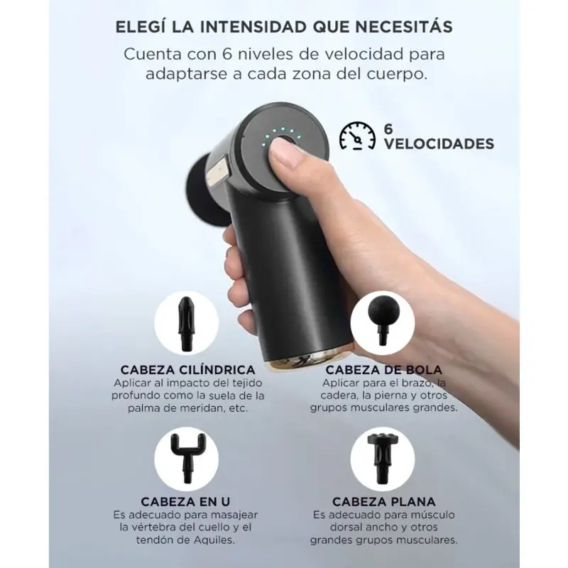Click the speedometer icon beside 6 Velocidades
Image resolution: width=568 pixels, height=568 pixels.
coord(357,136)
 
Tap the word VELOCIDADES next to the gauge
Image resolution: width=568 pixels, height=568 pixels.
coord(439,144)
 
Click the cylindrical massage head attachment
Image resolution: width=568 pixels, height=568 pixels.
coord(186,324)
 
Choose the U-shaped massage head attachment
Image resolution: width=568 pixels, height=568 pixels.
coord(186,458)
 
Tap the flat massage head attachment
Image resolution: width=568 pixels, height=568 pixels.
coord(383,458)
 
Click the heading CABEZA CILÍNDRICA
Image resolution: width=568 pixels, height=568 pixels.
coord(187,370)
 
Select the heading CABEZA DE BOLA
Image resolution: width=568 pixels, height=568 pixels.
coord(383,370)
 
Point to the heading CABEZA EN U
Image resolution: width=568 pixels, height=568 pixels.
coord(185,502)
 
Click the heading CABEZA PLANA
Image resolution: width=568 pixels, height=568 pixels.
coord(384,502)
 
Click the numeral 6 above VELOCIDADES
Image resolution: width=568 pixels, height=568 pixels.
coord(388,129)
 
